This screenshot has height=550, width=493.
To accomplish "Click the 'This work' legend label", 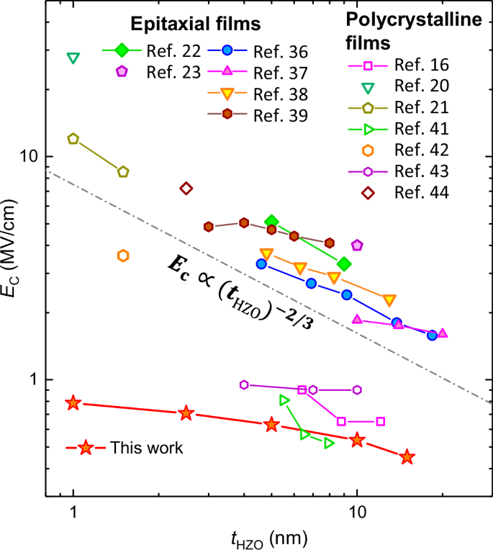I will [x=146, y=448].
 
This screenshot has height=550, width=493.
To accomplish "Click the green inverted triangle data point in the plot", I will [x=73, y=58].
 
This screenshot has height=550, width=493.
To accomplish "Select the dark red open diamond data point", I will [x=186, y=189].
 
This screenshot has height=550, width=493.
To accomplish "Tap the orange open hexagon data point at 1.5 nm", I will [x=123, y=256].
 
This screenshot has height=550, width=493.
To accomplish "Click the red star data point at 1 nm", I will [x=73, y=403].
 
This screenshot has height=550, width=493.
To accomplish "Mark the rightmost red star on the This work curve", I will [x=407, y=457].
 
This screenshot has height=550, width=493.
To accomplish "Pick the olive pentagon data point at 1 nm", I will [x=73, y=139].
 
